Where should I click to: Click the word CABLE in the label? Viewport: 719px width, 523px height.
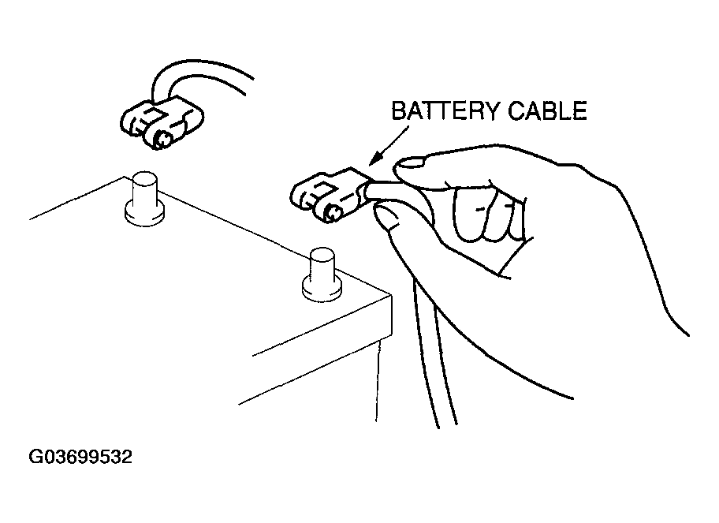coord(547,110)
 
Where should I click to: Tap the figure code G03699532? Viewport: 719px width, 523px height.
coord(80,457)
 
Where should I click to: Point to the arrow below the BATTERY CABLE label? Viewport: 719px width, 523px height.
coord(388,146)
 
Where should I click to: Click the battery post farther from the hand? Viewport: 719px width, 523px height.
coord(144,199)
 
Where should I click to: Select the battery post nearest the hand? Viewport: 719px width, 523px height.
coord(322,275)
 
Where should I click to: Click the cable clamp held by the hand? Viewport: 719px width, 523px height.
coord(328,196)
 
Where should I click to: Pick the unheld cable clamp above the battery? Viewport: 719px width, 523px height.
coord(162,122)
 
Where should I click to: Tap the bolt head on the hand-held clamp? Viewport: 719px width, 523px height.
coord(333,213)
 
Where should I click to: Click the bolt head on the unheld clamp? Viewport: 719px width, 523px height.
coord(162,139)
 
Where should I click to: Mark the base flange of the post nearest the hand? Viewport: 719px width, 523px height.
coord(322,288)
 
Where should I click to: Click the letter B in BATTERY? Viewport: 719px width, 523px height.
coord(400,110)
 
